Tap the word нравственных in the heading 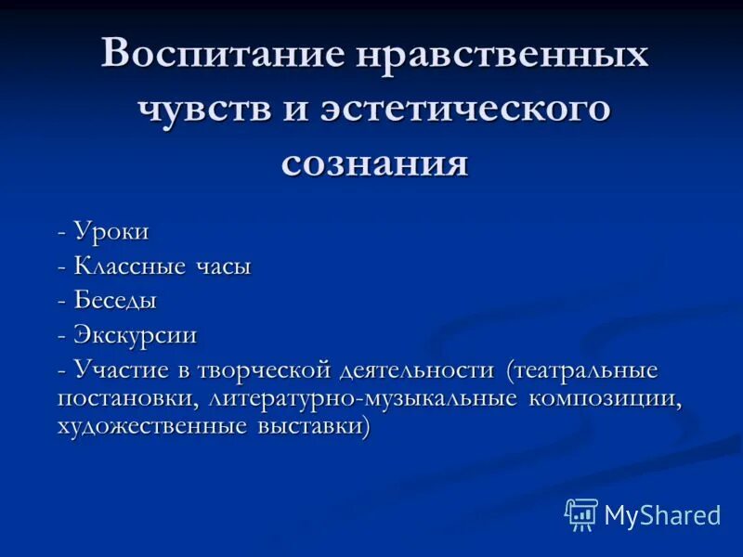(x=500, y=55)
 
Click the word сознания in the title (x=387, y=162)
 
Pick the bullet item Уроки (x=111, y=232)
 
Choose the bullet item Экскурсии (x=136, y=335)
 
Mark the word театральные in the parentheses (x=584, y=370)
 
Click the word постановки (x=129, y=399)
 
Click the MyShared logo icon (x=581, y=514)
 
